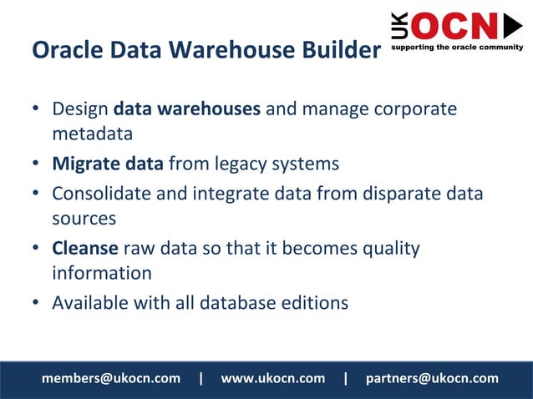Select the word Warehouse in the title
pyautogui.click(x=226, y=51)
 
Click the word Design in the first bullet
pyautogui.click(x=80, y=109)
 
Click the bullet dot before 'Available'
pyautogui.click(x=37, y=302)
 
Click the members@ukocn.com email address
pyautogui.click(x=110, y=378)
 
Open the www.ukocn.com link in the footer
pyautogui.click(x=272, y=378)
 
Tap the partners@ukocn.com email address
pyautogui.click(x=432, y=378)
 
